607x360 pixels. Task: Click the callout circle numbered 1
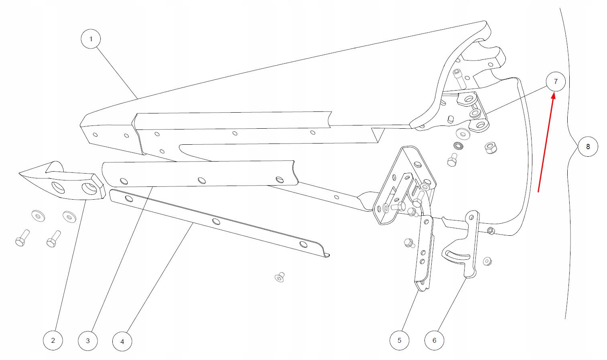click(x=91, y=39)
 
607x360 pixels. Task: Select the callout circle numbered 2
click(x=53, y=340)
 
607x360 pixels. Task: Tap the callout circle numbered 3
click(x=88, y=341)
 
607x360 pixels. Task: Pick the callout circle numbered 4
click(x=122, y=342)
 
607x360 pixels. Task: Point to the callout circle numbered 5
click(x=399, y=340)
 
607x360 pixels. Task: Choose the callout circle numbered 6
click(x=434, y=340)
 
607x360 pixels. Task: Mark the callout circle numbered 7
click(x=556, y=81)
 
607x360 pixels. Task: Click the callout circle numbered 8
click(x=588, y=147)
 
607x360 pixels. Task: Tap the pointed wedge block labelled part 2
click(x=64, y=182)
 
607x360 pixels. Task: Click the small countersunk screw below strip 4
click(x=280, y=277)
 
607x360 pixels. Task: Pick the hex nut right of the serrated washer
click(x=490, y=148)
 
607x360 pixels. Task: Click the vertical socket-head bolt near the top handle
click(x=459, y=78)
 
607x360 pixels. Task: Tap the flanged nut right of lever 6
click(x=487, y=262)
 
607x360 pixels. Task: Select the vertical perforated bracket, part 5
click(x=424, y=253)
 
